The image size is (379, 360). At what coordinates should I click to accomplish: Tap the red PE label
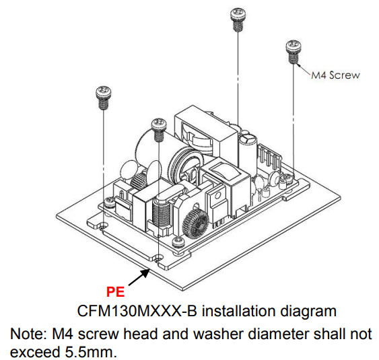(x=115, y=291)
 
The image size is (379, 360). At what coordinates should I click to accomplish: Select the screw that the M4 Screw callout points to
(x=293, y=52)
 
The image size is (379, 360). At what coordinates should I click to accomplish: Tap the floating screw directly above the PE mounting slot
(x=159, y=129)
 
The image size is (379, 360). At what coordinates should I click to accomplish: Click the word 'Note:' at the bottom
(x=26, y=334)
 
